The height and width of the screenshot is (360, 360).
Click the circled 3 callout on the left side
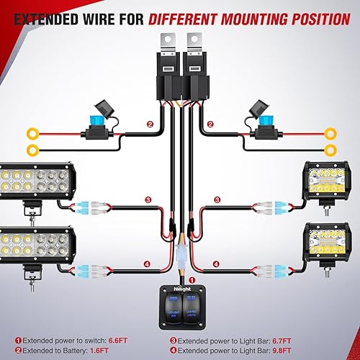coord(147,199)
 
